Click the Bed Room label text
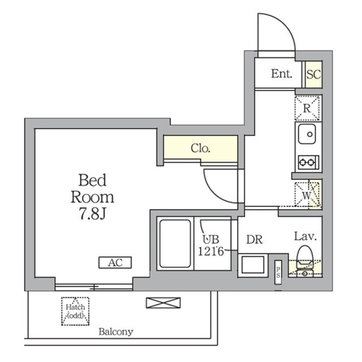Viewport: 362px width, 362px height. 92,197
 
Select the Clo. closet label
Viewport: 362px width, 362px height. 200,149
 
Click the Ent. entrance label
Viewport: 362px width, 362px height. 281,74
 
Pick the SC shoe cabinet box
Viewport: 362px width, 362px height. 313,74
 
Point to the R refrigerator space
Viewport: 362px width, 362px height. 308,107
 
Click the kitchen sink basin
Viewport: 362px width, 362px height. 308,136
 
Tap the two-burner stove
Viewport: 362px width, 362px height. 308,163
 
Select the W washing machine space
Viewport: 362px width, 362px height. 308,194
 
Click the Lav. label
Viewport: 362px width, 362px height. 304,236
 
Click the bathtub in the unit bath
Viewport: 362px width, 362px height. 174,243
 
